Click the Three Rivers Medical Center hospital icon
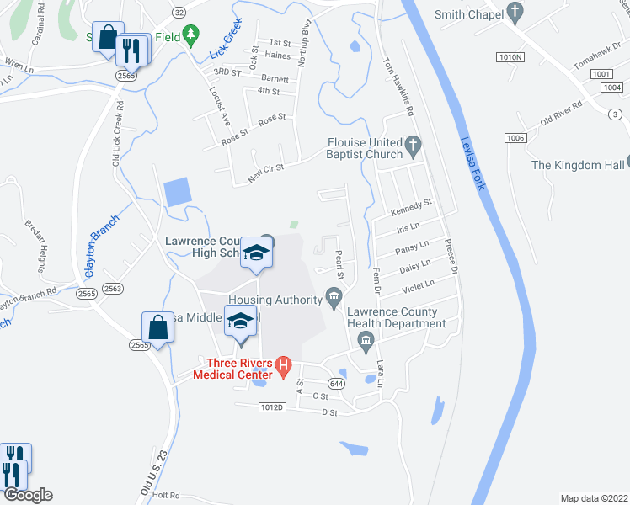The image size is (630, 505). tap(284, 367)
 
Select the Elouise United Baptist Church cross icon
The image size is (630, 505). tap(413, 146)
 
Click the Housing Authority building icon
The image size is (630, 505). tap(334, 297)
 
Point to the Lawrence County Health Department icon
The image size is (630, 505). tap(365, 340)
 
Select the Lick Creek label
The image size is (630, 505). tap(225, 38)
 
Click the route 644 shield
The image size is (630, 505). tap(337, 384)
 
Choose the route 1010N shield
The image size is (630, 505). tap(510, 57)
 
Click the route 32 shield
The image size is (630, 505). tap(178, 13)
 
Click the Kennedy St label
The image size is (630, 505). tap(411, 204)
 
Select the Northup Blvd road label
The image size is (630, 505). tap(307, 41)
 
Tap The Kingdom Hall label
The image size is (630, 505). tap(579, 164)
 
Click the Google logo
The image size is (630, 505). tap(27, 495)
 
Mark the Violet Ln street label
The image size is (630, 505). tap(416, 287)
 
